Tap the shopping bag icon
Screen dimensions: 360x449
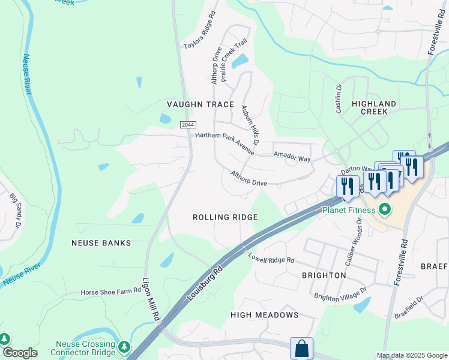tap(301, 349)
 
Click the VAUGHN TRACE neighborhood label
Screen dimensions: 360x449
tap(200, 104)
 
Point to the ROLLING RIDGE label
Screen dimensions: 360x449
tap(225, 217)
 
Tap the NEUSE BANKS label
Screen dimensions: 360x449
tap(101, 243)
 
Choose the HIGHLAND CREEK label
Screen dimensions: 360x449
tap(374, 108)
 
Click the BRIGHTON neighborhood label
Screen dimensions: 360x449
tap(324, 275)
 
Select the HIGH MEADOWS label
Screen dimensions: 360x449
tap(265, 315)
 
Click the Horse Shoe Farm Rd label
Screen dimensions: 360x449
tap(111, 292)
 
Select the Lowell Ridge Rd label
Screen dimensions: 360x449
tap(272, 259)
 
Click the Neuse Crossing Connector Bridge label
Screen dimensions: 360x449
tap(85, 348)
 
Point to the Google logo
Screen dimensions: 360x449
tap(19, 353)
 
